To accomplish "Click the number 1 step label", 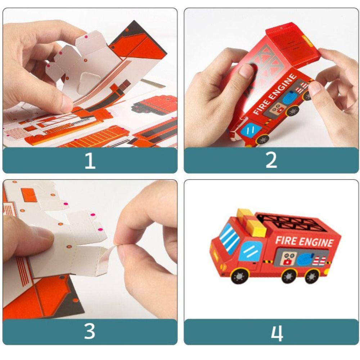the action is [x=90, y=161].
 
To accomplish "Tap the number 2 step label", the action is [x=271, y=160].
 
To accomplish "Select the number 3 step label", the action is [x=90, y=331].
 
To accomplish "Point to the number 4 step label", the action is [x=277, y=333].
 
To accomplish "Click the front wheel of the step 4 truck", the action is [x=240, y=276].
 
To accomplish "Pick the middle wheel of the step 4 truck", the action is [x=289, y=276].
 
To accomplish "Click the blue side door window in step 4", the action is [x=251, y=251].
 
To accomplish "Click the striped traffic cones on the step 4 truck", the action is [x=319, y=261].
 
